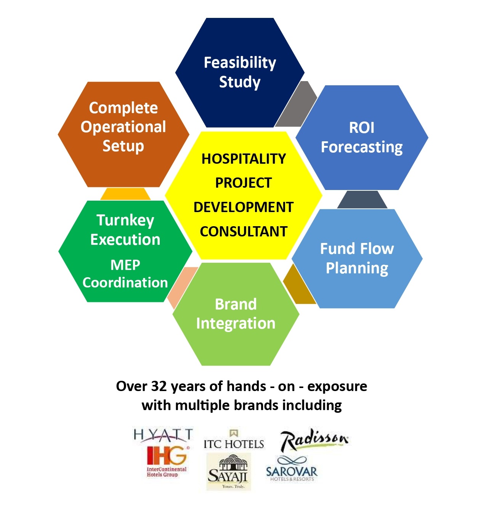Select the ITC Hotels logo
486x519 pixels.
(234, 439)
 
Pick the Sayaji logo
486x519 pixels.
(228, 471)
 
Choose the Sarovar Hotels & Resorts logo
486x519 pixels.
(292, 469)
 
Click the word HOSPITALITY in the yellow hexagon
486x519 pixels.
(244, 159)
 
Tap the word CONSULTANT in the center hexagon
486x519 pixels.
(244, 231)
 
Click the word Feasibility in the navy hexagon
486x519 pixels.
(240, 63)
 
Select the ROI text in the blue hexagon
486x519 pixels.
(361, 128)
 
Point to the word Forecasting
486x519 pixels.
(361, 147)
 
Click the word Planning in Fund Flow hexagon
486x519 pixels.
(357, 268)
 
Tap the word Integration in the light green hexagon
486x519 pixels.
(236, 324)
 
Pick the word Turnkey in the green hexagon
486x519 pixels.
(125, 220)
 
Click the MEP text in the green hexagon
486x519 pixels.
(125, 265)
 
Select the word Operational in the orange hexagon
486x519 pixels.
(123, 127)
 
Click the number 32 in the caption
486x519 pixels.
(159, 386)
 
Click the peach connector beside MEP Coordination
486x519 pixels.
(181, 287)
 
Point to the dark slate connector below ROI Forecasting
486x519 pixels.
(362, 200)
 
